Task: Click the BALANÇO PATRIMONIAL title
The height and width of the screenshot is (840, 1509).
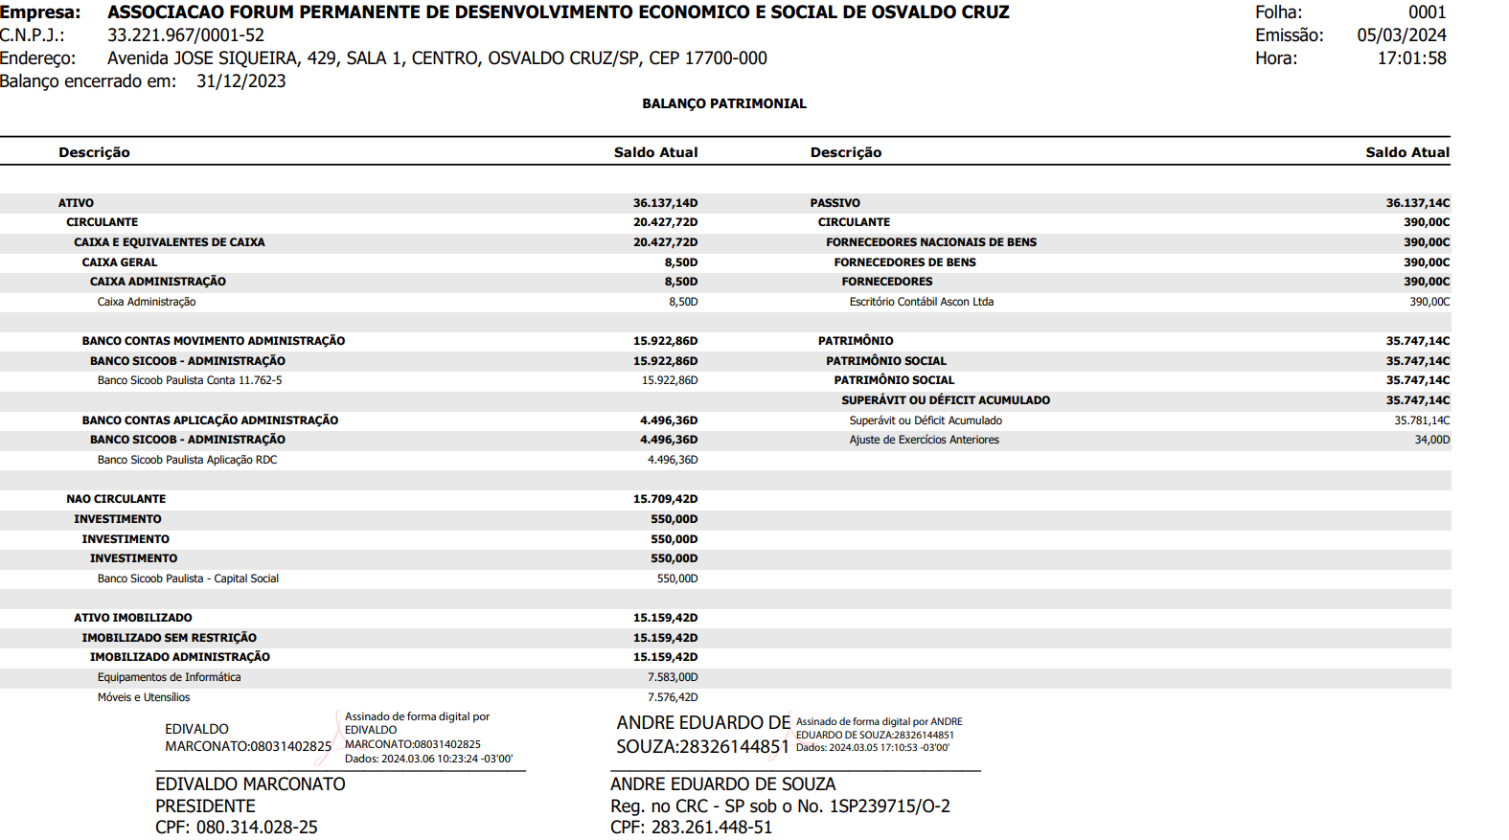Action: click(x=723, y=103)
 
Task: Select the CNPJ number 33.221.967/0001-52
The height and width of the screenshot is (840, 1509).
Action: click(x=186, y=35)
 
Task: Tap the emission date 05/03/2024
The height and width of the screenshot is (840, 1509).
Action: click(x=1401, y=35)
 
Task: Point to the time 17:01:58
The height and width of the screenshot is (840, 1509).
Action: click(x=1411, y=58)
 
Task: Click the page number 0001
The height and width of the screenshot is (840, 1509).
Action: click(x=1427, y=12)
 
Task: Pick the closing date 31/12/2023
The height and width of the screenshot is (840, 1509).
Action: click(x=241, y=81)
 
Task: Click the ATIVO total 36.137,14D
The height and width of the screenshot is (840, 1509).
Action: click(x=665, y=203)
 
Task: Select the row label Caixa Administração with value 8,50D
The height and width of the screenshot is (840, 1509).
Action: click(x=147, y=302)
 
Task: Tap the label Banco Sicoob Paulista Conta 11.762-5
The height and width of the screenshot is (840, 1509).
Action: click(x=190, y=380)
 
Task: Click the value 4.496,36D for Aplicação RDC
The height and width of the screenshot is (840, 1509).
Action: click(x=673, y=460)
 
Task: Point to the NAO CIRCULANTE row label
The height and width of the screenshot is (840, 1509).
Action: click(x=116, y=499)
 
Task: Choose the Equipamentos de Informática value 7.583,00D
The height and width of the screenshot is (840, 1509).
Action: click(x=673, y=677)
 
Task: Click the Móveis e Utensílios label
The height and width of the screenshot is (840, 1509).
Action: click(x=144, y=697)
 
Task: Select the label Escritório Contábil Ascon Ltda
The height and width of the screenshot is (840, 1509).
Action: click(x=921, y=302)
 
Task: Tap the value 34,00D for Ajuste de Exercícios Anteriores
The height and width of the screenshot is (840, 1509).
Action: click(x=1431, y=440)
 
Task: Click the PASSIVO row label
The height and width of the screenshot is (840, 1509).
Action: click(x=835, y=203)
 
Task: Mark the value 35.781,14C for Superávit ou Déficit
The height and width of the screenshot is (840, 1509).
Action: click(x=1422, y=420)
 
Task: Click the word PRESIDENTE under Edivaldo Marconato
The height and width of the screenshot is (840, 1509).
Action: click(x=205, y=806)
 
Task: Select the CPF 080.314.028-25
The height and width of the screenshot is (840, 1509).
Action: click(x=257, y=828)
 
